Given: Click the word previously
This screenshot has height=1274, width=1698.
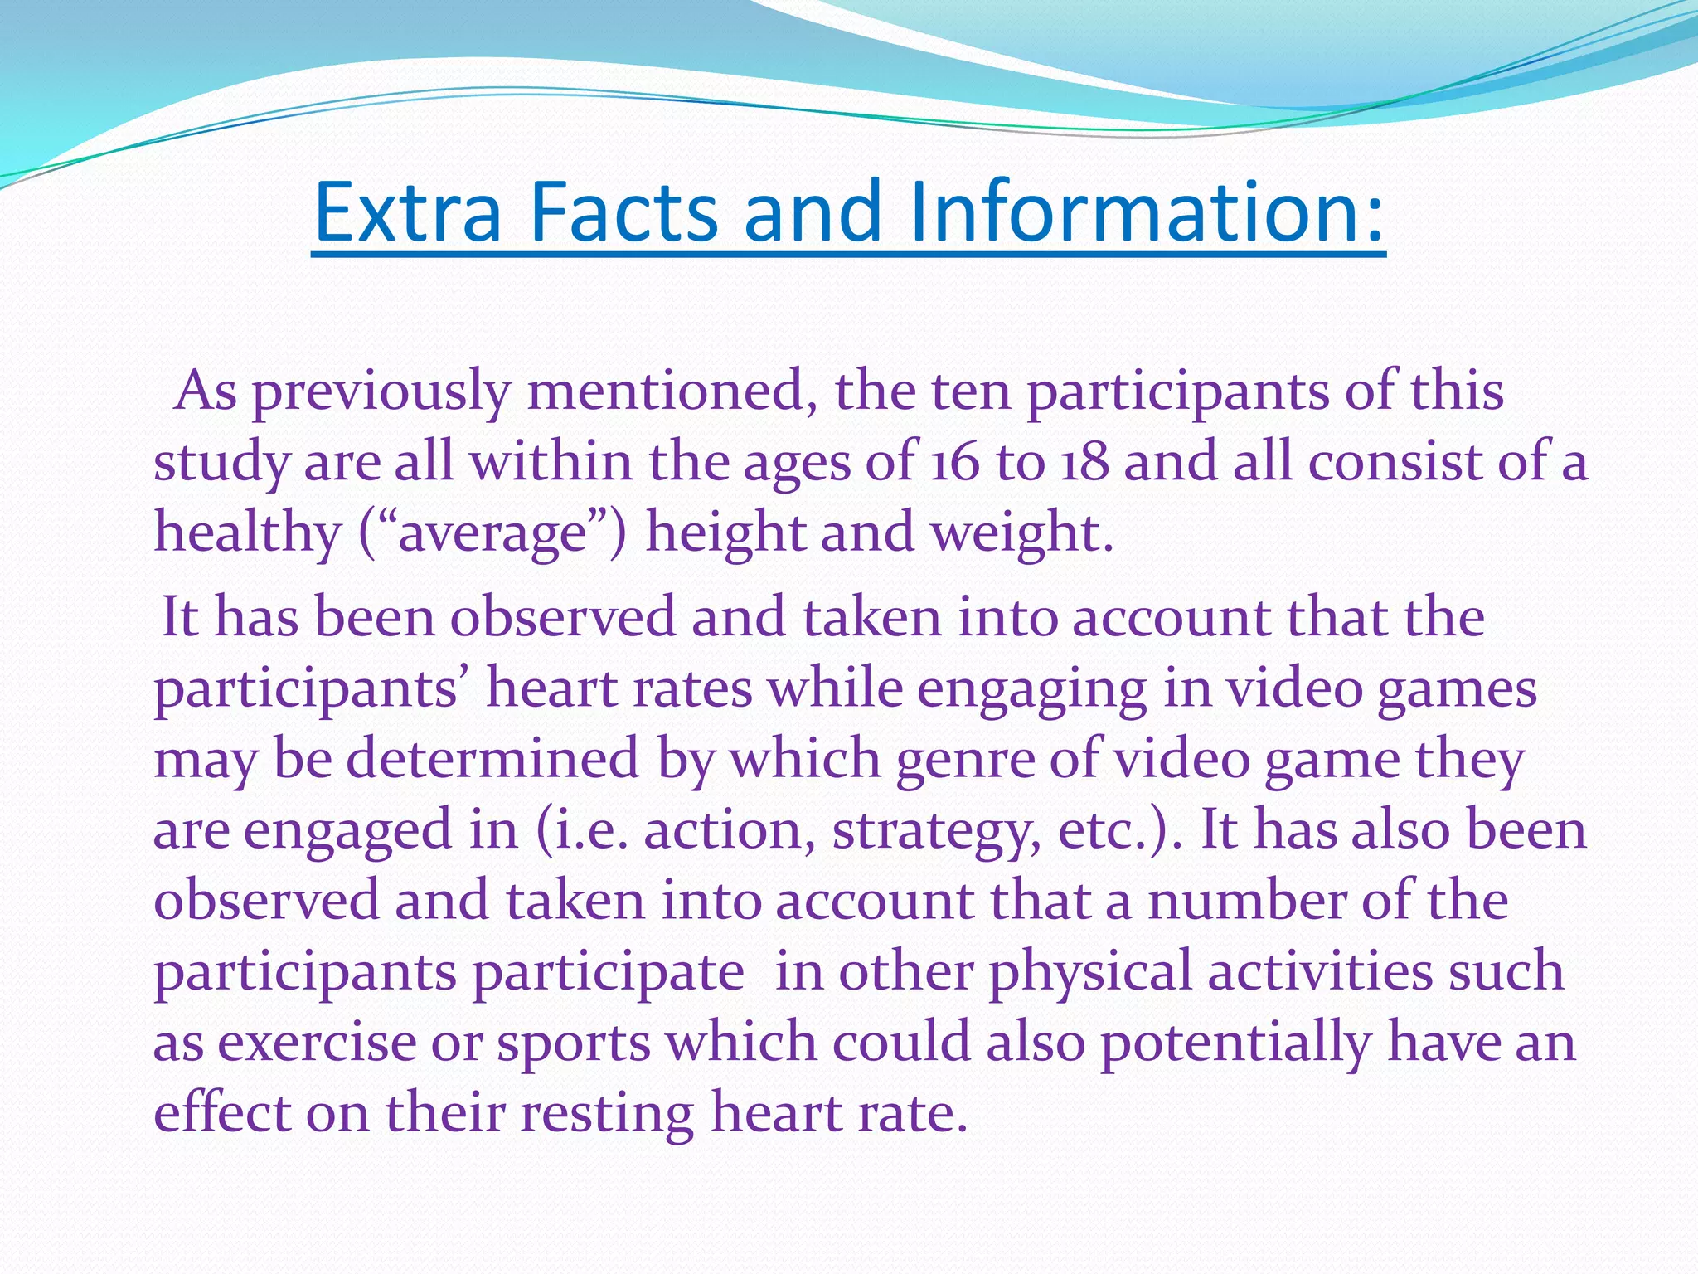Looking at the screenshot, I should (x=381, y=391).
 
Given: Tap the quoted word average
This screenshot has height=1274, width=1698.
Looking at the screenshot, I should (x=493, y=532).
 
